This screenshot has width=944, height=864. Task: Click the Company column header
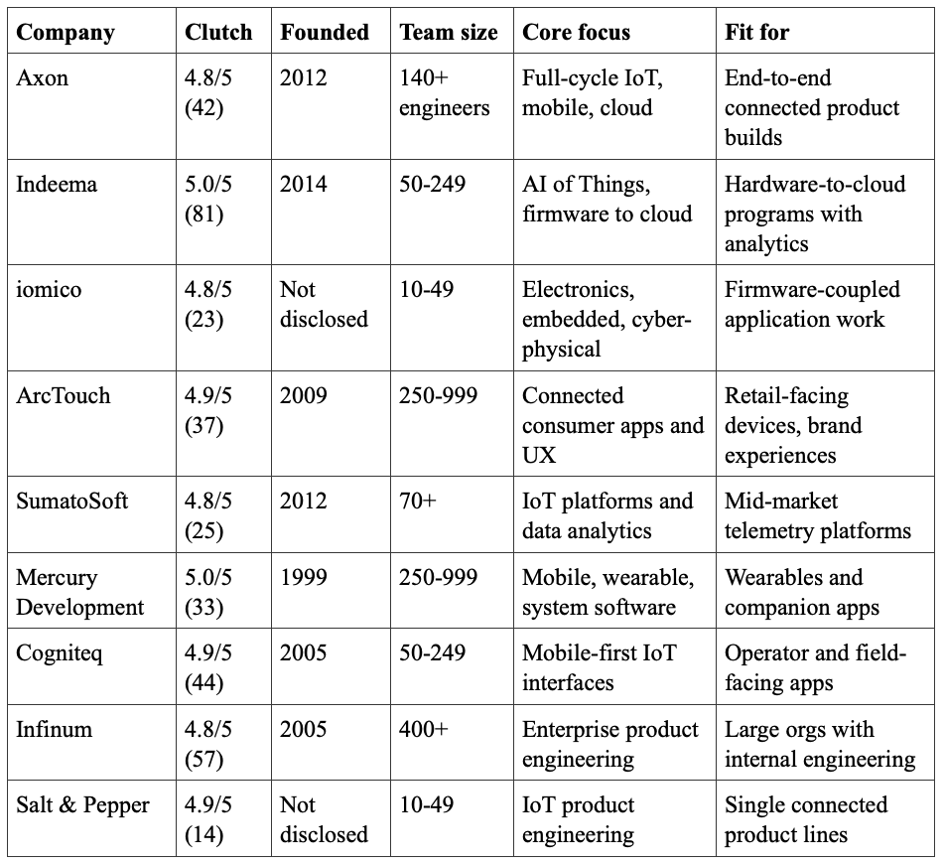tap(66, 33)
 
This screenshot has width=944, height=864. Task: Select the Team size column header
tap(449, 32)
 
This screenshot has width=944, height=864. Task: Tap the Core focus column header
tap(576, 32)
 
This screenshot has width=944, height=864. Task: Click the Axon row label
tap(42, 77)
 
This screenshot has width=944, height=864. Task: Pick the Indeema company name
tap(56, 184)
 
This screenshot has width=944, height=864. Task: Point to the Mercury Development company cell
tap(80, 592)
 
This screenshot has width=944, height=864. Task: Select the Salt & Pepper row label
tap(82, 805)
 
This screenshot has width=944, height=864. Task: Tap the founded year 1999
tap(304, 577)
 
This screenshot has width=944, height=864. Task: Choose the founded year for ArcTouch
tap(304, 395)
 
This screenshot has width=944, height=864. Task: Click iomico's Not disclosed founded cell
tap(324, 304)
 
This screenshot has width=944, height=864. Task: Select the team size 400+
tap(424, 729)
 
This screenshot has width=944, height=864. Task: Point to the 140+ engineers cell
tap(445, 92)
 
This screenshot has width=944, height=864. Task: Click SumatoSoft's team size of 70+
tap(418, 501)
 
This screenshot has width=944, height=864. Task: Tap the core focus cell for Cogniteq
tap(600, 667)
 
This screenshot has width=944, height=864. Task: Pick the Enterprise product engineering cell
tap(610, 744)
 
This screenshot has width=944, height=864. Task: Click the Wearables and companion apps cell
tap(802, 592)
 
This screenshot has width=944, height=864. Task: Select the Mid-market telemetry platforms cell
tap(818, 515)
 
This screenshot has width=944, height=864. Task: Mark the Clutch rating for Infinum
tap(207, 744)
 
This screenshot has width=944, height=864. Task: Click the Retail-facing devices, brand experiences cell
tap(793, 425)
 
